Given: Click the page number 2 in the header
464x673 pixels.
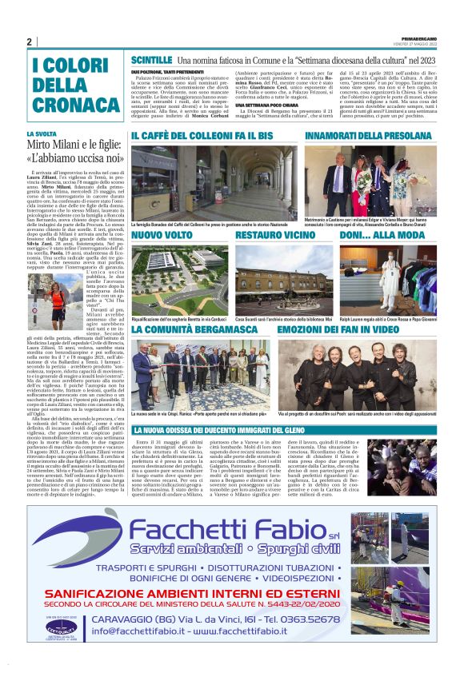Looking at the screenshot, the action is point(29,42).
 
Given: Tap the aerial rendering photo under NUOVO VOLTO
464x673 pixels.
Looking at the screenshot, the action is point(176,275).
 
